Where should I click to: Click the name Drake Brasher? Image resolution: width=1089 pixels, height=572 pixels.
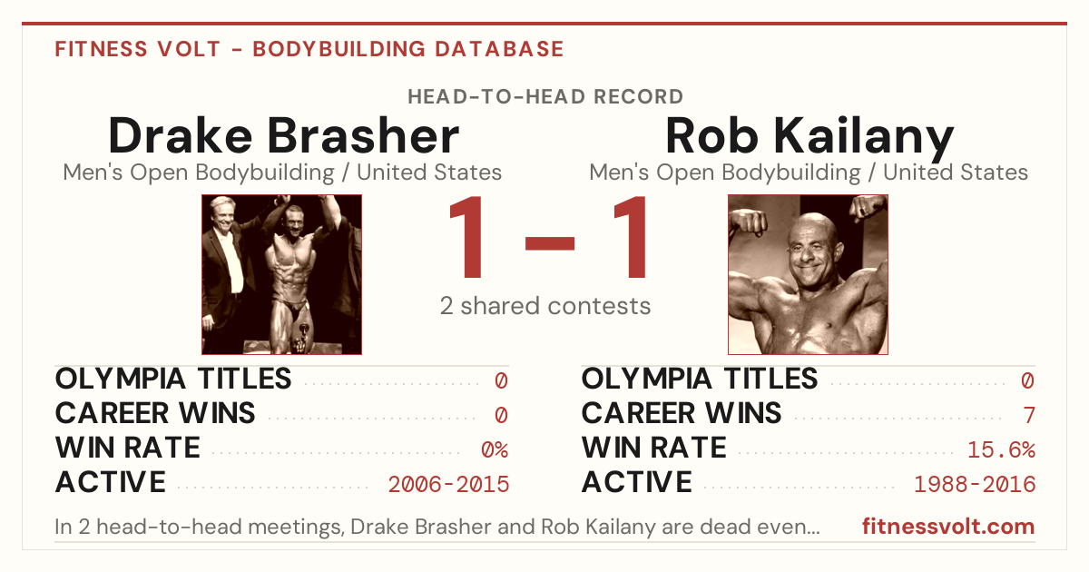click(283, 135)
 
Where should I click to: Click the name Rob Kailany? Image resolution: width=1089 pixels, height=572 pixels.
click(809, 136)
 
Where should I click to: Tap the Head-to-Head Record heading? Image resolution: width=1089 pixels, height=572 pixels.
click(545, 97)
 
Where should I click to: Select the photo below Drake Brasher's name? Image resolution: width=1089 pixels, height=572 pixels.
click(282, 275)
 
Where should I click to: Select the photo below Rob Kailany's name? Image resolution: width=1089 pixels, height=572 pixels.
click(808, 275)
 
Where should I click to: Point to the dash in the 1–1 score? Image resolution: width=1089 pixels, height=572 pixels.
click(550, 243)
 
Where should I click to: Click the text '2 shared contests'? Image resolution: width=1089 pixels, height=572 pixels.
click(545, 306)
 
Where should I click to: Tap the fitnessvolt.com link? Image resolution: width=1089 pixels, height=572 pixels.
click(948, 527)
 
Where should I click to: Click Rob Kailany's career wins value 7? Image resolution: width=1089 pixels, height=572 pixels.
click(1029, 416)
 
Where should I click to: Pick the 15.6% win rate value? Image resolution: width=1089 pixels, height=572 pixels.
click(1001, 450)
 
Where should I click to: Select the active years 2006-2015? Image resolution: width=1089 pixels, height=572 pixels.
click(448, 485)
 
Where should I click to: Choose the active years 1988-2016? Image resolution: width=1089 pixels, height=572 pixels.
click(975, 485)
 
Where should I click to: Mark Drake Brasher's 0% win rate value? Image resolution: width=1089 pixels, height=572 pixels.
click(495, 450)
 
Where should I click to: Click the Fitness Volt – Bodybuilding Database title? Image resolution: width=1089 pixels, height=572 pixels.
click(309, 49)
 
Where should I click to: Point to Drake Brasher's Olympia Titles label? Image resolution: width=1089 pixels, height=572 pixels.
click(173, 379)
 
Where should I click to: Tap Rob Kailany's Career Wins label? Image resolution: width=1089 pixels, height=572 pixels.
click(682, 413)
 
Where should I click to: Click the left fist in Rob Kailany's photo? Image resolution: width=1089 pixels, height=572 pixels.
click(749, 223)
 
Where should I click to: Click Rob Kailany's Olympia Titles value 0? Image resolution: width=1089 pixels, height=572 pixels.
click(1027, 380)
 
